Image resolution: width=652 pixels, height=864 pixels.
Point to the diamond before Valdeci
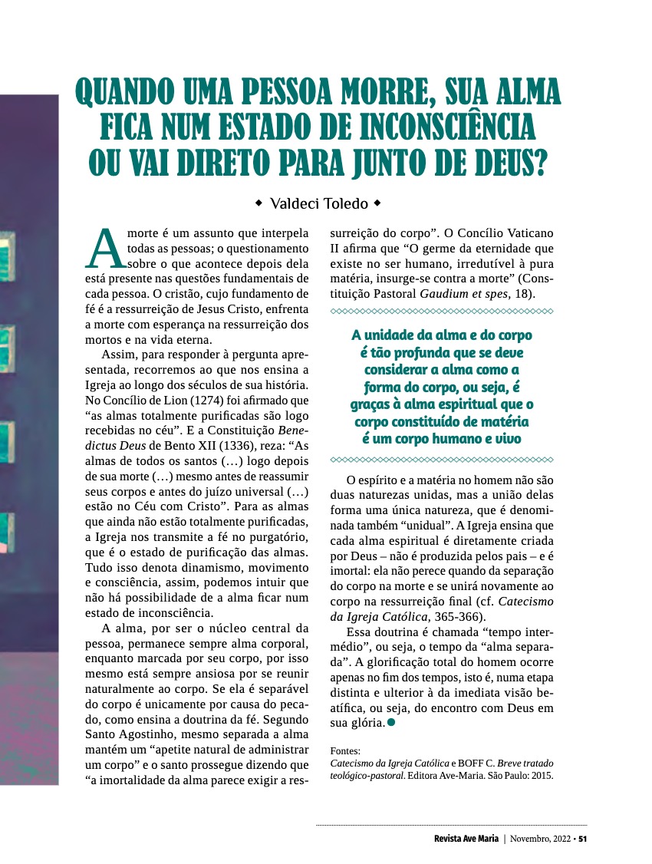click(x=258, y=204)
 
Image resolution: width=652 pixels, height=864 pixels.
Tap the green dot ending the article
click(x=392, y=723)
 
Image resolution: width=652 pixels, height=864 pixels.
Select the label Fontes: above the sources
click(x=344, y=751)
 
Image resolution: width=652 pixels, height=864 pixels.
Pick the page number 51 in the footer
click(x=582, y=838)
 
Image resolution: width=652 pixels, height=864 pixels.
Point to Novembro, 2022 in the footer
click(x=541, y=838)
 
